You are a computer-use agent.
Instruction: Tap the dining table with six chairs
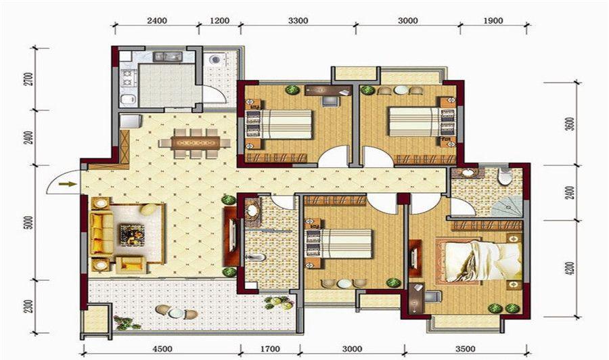click(x=195, y=143)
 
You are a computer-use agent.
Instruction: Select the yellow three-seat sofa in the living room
click(x=101, y=233)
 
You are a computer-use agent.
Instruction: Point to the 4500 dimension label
click(x=162, y=348)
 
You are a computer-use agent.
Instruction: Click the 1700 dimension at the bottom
click(x=269, y=348)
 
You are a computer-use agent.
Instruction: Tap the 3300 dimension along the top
click(x=298, y=20)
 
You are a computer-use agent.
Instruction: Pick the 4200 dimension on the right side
click(x=570, y=269)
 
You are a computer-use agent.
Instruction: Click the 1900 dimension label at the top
click(x=493, y=20)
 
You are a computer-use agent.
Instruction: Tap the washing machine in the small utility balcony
click(x=215, y=60)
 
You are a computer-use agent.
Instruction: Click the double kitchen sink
click(x=168, y=57)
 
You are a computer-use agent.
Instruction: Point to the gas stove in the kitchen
click(x=127, y=77)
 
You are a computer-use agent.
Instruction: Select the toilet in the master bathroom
click(x=505, y=177)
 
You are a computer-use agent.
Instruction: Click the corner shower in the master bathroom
click(x=506, y=206)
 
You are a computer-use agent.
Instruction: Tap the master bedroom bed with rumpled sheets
click(x=476, y=261)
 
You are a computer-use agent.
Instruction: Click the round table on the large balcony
click(x=175, y=313)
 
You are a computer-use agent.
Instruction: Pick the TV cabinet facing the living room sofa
click(x=230, y=237)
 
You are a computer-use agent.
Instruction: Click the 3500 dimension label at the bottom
click(x=466, y=348)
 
